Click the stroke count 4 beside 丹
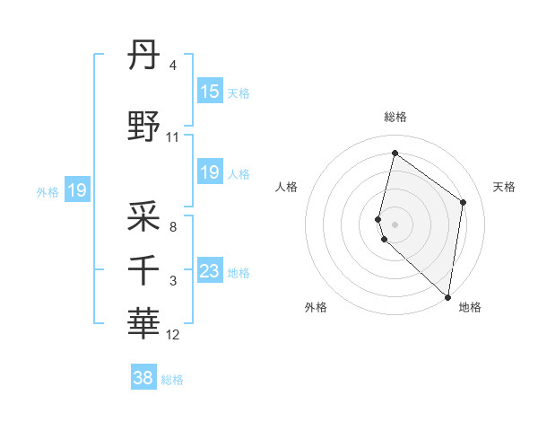[173, 66]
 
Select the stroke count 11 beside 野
[173, 137]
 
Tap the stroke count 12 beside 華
[173, 335]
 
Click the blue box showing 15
[209, 92]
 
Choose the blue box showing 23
[209, 271]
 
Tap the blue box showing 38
[143, 378]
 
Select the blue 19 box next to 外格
[76, 190]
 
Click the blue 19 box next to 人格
[209, 172]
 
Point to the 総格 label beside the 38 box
[172, 380]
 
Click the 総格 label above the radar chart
[395, 117]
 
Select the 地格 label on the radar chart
[470, 308]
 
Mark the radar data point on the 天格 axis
[463, 202]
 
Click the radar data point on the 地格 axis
[447, 296]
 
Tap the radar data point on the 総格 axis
[395, 154]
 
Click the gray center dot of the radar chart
[395, 224]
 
